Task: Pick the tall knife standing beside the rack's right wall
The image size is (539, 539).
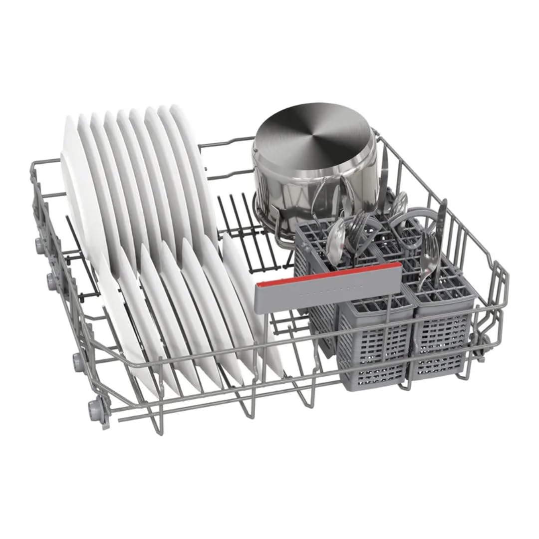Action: (x=441, y=220)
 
